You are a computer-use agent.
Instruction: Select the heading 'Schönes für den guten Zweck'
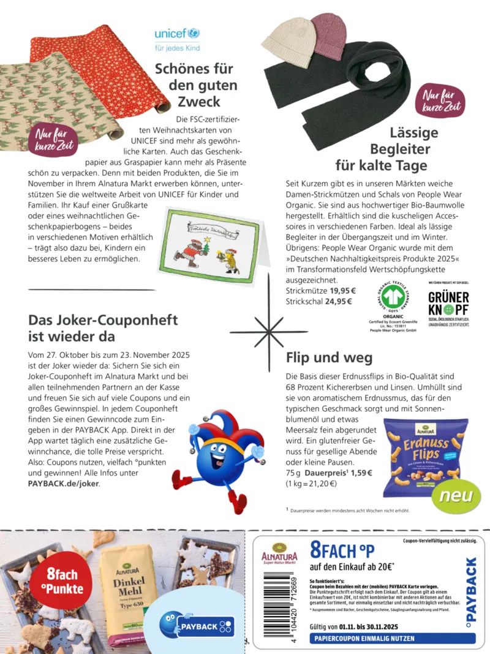pos(187,85)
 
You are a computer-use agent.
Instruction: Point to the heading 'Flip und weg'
pos(329,357)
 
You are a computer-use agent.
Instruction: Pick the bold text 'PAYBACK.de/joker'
pos(63,483)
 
